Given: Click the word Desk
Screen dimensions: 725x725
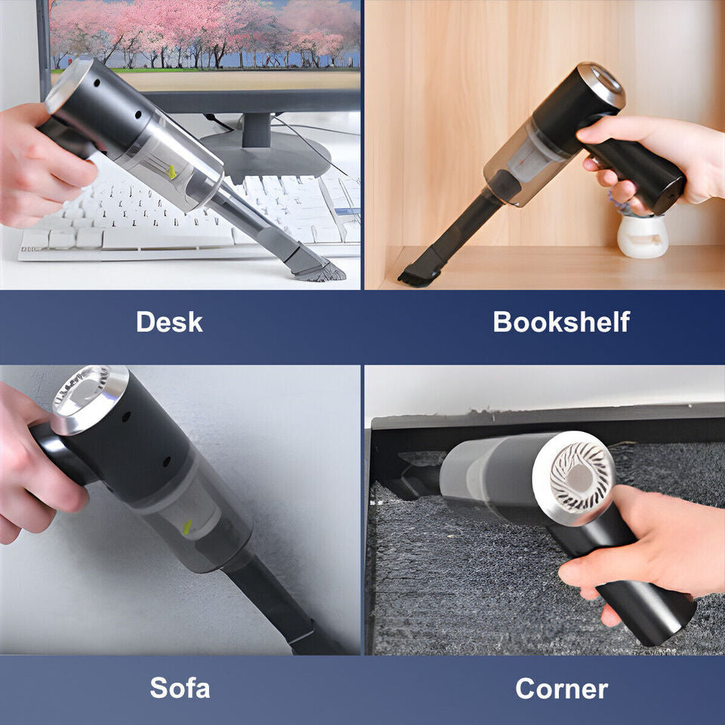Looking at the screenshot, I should point(169,322).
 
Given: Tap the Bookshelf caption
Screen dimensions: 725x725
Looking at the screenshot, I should point(560,322).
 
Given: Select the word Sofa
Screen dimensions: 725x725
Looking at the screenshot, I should point(180,688).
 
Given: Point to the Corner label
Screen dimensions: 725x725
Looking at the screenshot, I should point(561,688).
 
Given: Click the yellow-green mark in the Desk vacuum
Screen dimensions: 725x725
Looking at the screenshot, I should point(173,173).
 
